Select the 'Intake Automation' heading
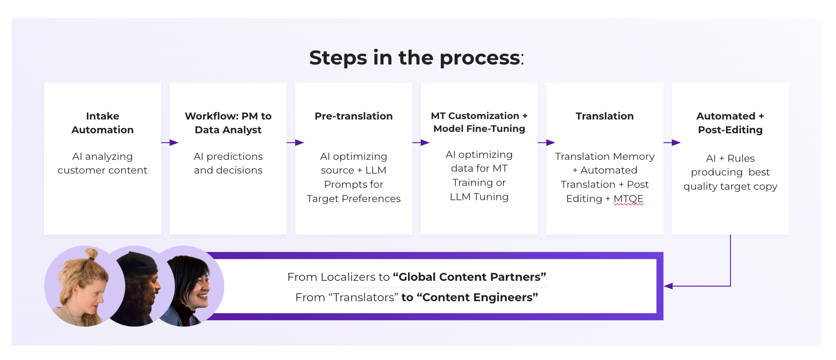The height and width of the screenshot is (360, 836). (102, 123)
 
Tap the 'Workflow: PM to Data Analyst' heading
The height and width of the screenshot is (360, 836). (228, 123)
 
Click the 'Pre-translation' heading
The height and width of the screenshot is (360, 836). (353, 116)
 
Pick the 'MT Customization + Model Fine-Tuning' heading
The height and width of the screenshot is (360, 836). (479, 122)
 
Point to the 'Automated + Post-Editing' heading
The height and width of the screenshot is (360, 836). (730, 123)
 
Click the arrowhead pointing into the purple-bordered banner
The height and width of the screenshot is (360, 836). (669, 286)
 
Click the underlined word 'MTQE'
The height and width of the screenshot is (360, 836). (628, 199)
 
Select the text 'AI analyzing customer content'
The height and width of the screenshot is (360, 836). (102, 163)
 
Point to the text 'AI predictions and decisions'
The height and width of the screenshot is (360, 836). (228, 163)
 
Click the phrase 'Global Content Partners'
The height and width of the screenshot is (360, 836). (469, 277)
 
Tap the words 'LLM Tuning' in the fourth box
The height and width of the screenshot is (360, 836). (479, 197)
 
